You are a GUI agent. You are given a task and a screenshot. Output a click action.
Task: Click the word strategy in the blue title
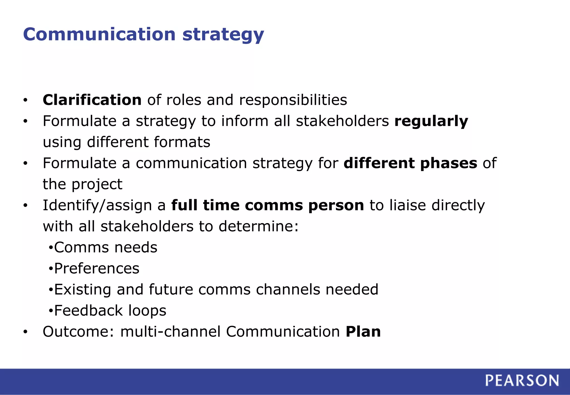point(223,35)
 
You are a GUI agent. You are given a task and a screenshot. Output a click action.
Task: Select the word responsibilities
point(293,100)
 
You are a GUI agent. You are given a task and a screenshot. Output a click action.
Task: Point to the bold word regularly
point(431,121)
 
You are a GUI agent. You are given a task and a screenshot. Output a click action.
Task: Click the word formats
point(182,142)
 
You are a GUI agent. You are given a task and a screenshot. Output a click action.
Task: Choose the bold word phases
point(449,164)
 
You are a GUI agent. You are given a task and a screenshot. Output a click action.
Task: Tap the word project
point(97,185)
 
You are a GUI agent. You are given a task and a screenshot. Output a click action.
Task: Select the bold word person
point(336,206)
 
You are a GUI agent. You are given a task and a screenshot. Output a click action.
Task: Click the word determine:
point(259,226)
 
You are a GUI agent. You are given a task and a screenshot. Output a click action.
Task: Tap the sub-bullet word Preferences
point(97,269)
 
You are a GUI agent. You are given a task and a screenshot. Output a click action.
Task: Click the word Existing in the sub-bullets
point(82,290)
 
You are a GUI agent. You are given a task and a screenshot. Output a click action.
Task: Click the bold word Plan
point(363,331)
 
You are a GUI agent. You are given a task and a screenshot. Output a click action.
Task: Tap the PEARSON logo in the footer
point(522,381)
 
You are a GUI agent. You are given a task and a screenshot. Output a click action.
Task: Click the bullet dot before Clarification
point(25,100)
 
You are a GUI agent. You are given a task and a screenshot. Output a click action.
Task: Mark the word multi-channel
point(170,331)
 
